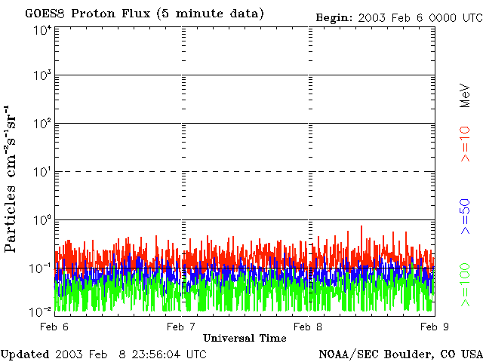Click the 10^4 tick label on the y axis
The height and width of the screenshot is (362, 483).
(42, 30)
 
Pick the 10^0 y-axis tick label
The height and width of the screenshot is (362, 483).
(42, 221)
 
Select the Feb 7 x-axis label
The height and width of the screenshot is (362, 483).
(180, 327)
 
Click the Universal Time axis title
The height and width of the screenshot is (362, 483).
(245, 338)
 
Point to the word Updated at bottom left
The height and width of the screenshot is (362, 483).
(25, 354)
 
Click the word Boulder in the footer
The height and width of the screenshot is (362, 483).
(412, 354)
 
